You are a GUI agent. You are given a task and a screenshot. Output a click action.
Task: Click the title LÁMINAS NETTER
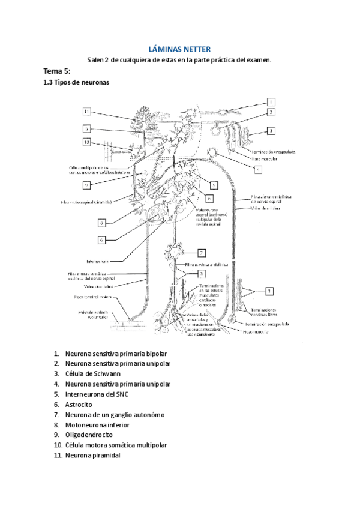pos(179,49)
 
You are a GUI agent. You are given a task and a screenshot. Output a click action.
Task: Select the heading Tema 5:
pos(58,71)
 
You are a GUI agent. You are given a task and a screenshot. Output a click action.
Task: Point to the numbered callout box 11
pos(87,112)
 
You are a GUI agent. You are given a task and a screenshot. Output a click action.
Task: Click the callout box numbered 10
pos(87,143)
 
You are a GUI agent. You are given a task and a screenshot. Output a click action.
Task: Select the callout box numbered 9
pos(87,185)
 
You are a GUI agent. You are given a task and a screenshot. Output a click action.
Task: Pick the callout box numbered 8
pos(103,223)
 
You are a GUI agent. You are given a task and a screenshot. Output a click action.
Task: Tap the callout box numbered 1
pos(271,102)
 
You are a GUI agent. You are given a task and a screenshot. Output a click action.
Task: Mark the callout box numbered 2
pos(271,112)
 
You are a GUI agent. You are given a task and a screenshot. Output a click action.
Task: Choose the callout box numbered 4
pos(258,170)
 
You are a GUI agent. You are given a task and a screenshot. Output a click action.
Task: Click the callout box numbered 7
pos(202,253)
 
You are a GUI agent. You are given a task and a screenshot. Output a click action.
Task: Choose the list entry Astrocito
pos(80,405)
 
